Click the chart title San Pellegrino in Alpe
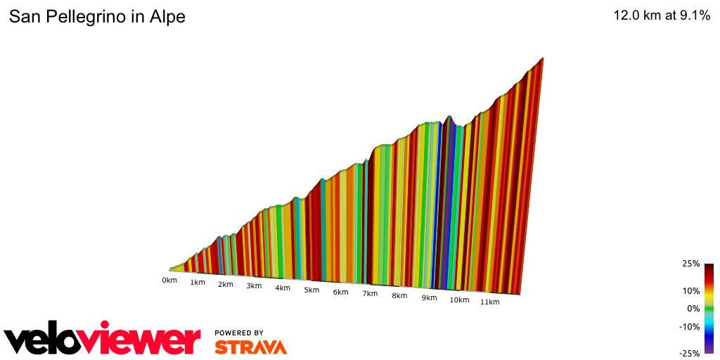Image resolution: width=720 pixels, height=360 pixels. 97,17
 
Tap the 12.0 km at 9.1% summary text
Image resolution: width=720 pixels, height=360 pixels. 662,16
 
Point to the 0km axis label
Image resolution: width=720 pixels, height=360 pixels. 169,280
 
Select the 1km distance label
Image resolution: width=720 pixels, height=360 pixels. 198,283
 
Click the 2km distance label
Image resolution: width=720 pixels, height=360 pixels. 226,285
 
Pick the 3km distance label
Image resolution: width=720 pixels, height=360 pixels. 254,286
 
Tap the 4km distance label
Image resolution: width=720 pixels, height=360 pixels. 283,288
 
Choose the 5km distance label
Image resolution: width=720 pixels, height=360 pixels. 311,290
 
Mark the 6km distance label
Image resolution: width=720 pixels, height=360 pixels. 340,292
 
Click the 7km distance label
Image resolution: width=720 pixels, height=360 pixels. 370,293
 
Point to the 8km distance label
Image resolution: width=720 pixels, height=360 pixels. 399,295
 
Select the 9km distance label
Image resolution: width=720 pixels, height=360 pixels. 429,297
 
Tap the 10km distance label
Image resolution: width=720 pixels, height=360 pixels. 459,300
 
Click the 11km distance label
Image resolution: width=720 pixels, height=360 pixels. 489,302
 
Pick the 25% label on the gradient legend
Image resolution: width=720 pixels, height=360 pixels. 690,264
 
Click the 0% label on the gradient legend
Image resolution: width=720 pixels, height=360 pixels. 693,308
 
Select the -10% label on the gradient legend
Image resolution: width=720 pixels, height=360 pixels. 689,326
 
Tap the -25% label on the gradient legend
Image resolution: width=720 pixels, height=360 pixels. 689,353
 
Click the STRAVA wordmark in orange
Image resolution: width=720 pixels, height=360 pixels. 250,347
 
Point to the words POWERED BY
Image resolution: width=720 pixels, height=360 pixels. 239,333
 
